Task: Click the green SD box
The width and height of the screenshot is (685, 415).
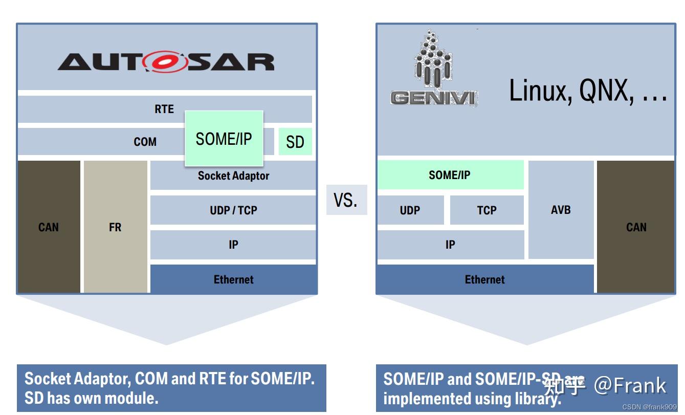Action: (x=295, y=142)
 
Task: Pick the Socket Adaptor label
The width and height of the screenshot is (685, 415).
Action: (x=233, y=176)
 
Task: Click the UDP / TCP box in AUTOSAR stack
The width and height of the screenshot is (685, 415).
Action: (x=233, y=210)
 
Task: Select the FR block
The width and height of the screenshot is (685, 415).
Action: (x=115, y=227)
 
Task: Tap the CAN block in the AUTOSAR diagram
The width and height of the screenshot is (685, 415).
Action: (x=49, y=227)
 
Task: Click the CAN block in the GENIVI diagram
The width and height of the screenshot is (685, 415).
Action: (x=636, y=227)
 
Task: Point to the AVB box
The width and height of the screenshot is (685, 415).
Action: (x=561, y=210)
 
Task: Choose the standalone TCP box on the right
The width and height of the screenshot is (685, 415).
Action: (x=487, y=210)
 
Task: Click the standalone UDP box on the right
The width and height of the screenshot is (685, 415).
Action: (x=410, y=210)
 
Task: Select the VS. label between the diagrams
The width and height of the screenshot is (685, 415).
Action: (x=346, y=200)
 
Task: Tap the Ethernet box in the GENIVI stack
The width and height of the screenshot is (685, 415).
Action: (x=484, y=279)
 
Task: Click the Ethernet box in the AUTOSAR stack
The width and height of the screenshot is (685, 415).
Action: (x=233, y=279)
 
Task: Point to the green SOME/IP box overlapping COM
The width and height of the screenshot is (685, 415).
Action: (x=224, y=138)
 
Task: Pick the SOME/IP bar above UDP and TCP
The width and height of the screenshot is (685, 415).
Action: (x=450, y=175)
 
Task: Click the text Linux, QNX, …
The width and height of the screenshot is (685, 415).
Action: (x=588, y=91)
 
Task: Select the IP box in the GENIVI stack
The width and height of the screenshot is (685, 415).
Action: (x=450, y=245)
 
